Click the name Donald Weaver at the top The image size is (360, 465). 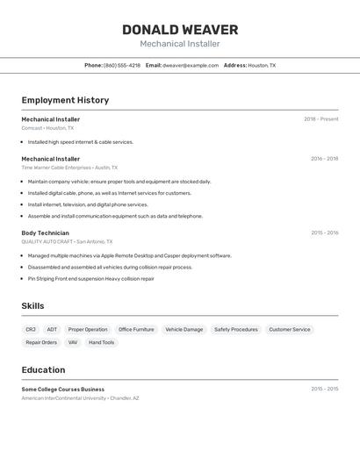[x=180, y=30]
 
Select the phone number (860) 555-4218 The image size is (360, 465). [x=121, y=65]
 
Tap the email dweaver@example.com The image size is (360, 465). [x=190, y=65]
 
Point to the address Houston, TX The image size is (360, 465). [x=262, y=65]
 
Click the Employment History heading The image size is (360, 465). [x=65, y=100]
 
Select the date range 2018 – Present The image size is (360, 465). [x=320, y=119]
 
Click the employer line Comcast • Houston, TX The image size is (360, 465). [x=47, y=128]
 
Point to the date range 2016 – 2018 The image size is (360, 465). [x=324, y=159]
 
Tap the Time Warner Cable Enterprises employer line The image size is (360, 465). [x=69, y=168]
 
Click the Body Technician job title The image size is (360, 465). [x=45, y=233]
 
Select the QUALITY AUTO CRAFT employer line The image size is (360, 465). [x=68, y=241]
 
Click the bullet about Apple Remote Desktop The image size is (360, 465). [x=129, y=255]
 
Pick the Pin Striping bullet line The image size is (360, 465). [x=90, y=278]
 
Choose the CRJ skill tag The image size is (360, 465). [x=31, y=330]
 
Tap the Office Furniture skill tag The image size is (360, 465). [x=136, y=330]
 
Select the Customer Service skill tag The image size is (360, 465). [x=289, y=330]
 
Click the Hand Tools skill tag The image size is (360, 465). [x=101, y=342]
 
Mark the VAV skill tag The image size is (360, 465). [x=73, y=342]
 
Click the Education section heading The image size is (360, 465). [x=43, y=369]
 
